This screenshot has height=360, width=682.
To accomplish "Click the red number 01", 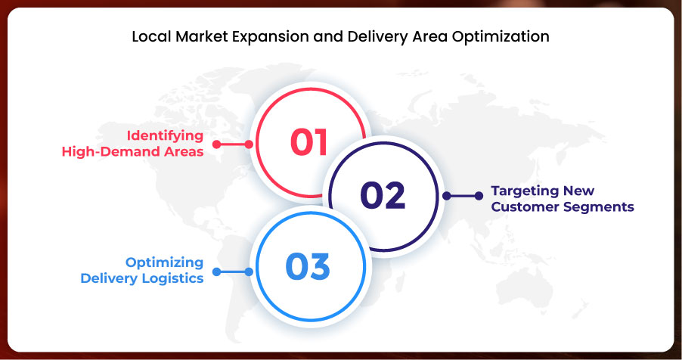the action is pyautogui.click(x=308, y=142).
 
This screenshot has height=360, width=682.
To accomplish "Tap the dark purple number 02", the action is pyautogui.click(x=383, y=195).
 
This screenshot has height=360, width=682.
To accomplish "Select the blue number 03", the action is pyautogui.click(x=308, y=266).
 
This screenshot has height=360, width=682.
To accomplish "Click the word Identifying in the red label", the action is pyautogui.click(x=166, y=136).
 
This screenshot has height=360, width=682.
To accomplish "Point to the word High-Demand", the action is pyautogui.click(x=111, y=151).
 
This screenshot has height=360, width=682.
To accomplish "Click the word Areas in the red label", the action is pyautogui.click(x=184, y=151).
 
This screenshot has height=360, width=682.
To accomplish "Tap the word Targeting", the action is pyautogui.click(x=525, y=191).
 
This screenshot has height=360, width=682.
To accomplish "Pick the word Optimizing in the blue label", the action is pyautogui.click(x=164, y=263).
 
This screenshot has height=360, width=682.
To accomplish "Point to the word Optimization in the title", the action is pyautogui.click(x=501, y=36).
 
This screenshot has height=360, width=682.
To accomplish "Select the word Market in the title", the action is pyautogui.click(x=202, y=36).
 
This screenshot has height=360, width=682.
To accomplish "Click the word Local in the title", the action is pyautogui.click(x=152, y=36).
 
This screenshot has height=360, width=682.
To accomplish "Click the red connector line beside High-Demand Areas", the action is pyautogui.click(x=233, y=144).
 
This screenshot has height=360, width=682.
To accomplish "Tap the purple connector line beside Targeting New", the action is pyautogui.click(x=463, y=196).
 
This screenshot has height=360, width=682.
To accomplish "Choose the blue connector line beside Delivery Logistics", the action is pyautogui.click(x=233, y=272).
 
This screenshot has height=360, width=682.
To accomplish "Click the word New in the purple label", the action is pyautogui.click(x=578, y=191).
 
